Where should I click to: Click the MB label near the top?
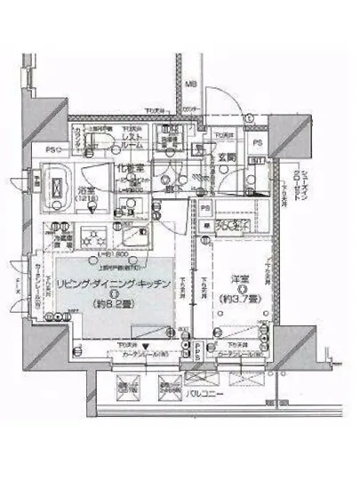point(190,85)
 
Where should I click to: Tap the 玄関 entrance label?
point(227,159)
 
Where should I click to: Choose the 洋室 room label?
point(232,279)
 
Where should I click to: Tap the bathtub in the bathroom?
point(59,186)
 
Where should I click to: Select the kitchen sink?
point(135,237)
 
